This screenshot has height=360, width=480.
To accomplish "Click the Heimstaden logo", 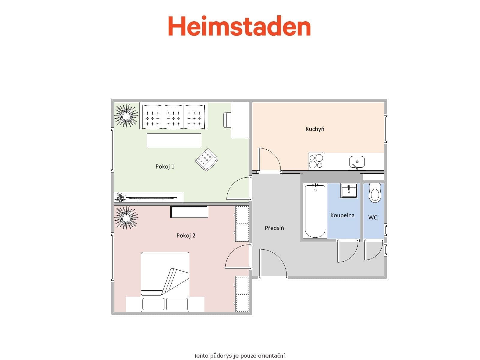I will click(x=239, y=26).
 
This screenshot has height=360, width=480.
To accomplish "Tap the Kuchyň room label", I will click(x=315, y=129).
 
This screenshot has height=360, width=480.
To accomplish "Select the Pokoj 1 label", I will click(x=165, y=166).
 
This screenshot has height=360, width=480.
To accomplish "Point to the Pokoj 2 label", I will click(x=186, y=235).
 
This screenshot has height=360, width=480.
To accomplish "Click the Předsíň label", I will click(x=274, y=228).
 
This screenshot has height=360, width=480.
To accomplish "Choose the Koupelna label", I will click(x=342, y=215).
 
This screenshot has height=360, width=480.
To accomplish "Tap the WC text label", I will click(x=373, y=217).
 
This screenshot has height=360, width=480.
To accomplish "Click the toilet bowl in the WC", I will click(x=375, y=193).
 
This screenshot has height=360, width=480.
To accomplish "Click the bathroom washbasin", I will click(x=349, y=191).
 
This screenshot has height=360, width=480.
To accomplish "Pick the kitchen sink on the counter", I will click(x=357, y=162).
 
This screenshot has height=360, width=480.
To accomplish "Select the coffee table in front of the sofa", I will click(x=174, y=140).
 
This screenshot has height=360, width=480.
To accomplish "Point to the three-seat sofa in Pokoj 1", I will click(x=173, y=116).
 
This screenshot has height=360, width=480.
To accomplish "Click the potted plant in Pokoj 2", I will click(x=126, y=217).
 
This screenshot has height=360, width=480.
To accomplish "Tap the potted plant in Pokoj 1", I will click(x=126, y=115).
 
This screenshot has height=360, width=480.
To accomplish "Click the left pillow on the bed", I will click(x=153, y=304).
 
